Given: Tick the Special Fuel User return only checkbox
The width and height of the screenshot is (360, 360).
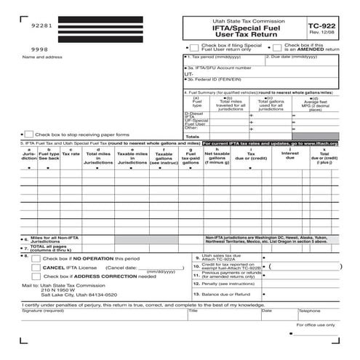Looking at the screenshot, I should pyautogui.click(x=193, y=47).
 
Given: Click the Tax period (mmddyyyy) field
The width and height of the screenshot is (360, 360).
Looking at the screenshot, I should pyautogui.click(x=224, y=61).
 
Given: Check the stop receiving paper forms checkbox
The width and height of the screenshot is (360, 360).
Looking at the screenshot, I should pyautogui.click(x=28, y=134).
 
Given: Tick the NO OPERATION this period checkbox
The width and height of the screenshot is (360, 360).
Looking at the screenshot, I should pyautogui.click(x=36, y=258).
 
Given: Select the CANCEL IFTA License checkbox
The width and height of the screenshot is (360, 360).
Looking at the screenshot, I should pyautogui.click(x=36, y=267).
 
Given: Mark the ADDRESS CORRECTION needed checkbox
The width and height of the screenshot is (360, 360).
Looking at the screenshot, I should pyautogui.click(x=36, y=276).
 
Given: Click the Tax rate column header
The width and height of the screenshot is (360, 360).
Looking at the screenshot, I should pyautogui.click(x=71, y=153).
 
